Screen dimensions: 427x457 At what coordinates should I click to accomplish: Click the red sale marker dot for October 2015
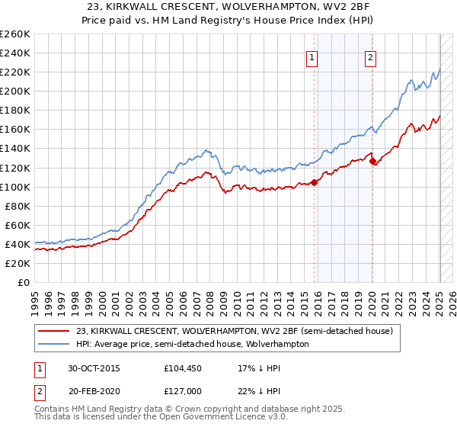coord(315,182)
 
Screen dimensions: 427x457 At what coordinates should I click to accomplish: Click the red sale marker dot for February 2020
coord(372,161)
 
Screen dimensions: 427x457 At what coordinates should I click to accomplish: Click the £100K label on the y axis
coord(15,187)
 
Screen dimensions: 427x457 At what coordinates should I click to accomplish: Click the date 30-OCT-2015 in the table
coord(92,368)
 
